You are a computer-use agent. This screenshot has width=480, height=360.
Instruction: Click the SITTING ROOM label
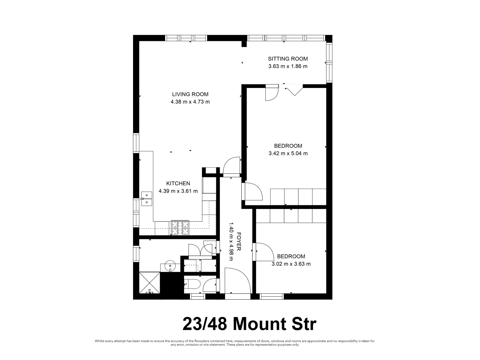point(288,59)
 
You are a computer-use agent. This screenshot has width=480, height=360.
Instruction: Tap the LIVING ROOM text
point(190,94)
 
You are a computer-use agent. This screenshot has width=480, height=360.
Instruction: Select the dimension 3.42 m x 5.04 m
point(288,153)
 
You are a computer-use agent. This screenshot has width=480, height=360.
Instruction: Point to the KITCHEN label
point(178,183)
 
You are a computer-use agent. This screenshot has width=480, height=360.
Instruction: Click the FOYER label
point(239,241)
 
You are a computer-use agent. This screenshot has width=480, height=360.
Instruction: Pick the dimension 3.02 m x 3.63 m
point(291,264)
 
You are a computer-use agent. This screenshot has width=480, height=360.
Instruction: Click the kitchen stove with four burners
point(180,228)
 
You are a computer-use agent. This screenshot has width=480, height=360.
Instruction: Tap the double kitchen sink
point(146,198)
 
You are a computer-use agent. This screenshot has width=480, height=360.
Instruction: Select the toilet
point(193,285)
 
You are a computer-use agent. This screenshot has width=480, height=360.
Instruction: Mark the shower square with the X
point(150,283)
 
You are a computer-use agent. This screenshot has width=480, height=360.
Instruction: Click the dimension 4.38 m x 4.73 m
point(190,102)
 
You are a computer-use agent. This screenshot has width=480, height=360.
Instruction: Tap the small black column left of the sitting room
point(244,44)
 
